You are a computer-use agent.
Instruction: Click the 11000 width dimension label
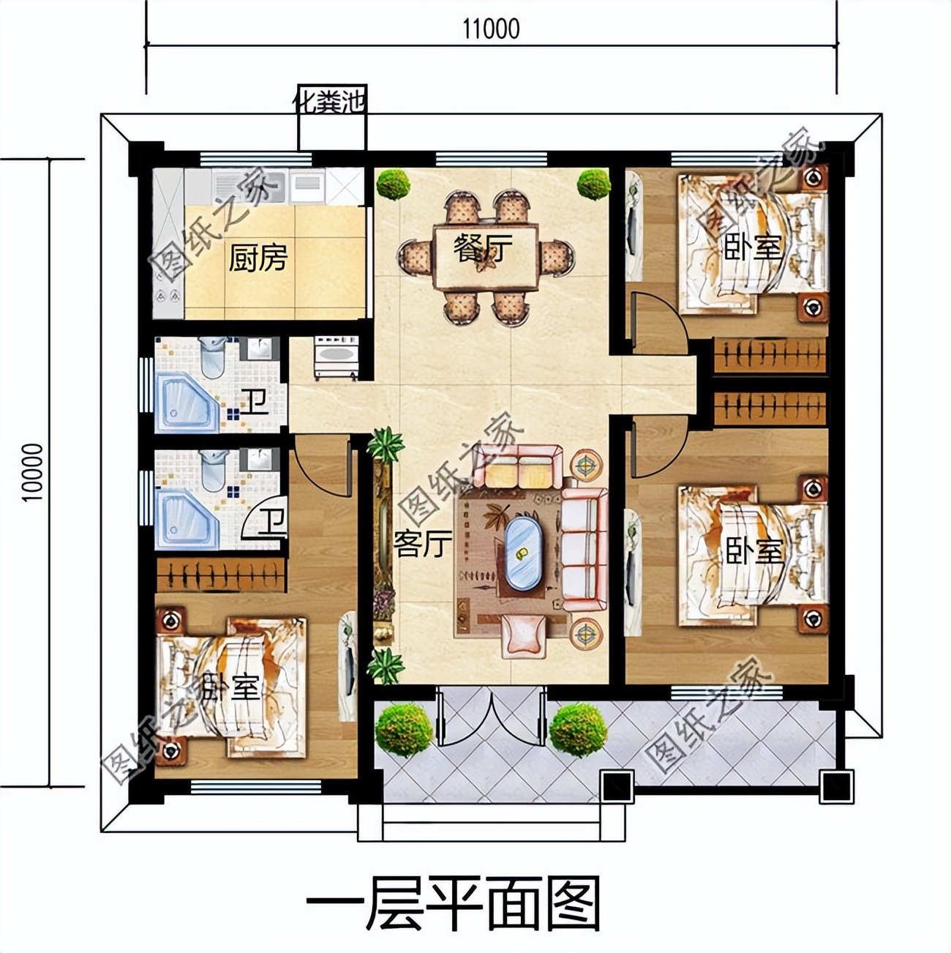(x=491, y=29)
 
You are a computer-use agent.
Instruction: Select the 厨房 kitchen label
(x=258, y=258)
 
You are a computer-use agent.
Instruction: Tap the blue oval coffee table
(x=521, y=554)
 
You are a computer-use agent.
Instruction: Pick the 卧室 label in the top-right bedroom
(x=753, y=248)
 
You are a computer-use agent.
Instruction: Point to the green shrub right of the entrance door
(x=578, y=727)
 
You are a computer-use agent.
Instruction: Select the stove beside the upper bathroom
(x=336, y=357)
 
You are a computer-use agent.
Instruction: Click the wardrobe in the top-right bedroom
(x=770, y=355)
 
